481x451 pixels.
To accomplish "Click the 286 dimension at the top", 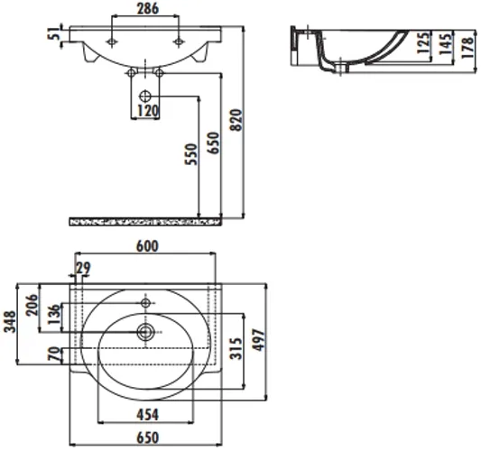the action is pyautogui.click(x=148, y=9).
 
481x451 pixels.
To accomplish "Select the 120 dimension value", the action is pyautogui.click(x=148, y=111).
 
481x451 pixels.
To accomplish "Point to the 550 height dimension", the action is pyautogui.click(x=190, y=154).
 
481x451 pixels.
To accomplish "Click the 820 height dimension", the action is pyautogui.click(x=236, y=120).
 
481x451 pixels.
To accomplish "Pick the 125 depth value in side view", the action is pyautogui.click(x=423, y=42).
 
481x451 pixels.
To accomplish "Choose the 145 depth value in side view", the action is pyautogui.click(x=445, y=44).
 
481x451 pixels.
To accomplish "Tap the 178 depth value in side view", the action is pyautogui.click(x=467, y=48).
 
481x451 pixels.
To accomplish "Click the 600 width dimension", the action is pyautogui.click(x=147, y=246).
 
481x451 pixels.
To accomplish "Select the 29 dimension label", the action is pyautogui.click(x=83, y=268).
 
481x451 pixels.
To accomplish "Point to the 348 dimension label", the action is pyautogui.click(x=10, y=321).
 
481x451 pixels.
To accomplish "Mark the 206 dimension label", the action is pyautogui.click(x=32, y=305).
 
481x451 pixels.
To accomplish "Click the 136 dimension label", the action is pyautogui.click(x=53, y=314).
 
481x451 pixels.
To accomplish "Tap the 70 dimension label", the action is pyautogui.click(x=53, y=354).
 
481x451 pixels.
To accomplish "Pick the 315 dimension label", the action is pyautogui.click(x=236, y=348).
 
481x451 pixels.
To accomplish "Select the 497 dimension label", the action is pyautogui.click(x=258, y=340).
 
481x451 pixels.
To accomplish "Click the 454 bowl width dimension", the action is pyautogui.click(x=148, y=415).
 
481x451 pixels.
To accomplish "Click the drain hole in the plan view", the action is pyautogui.click(x=145, y=332).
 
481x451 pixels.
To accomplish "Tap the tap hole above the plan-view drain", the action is pyautogui.click(x=145, y=303).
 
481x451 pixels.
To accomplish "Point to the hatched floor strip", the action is pyautogui.click(x=145, y=221).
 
